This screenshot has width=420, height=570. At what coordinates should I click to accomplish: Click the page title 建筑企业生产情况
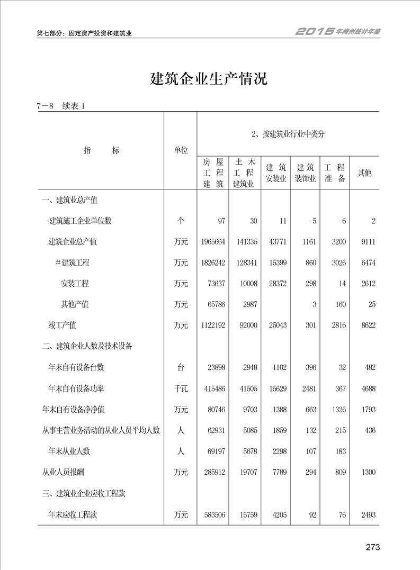pyautogui.click(x=209, y=80)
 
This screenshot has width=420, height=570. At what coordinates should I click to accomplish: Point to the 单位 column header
pyautogui.click(x=181, y=150)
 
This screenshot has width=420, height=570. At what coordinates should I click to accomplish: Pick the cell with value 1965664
pyautogui.click(x=213, y=242)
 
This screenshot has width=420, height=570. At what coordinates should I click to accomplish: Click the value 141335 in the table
pyautogui.click(x=246, y=242)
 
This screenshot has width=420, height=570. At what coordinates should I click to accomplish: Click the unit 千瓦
pyautogui.click(x=181, y=388)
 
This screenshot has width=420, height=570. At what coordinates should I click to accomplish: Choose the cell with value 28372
pyautogui.click(x=276, y=284)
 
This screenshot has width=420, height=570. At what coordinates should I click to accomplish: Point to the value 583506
pyautogui.click(x=213, y=514)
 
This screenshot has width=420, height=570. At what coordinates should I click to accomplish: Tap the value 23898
pyautogui.click(x=215, y=367)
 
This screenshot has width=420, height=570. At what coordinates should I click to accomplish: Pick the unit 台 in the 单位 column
pyautogui.click(x=181, y=367)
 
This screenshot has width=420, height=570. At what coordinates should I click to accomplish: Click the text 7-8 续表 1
pyautogui.click(x=61, y=106)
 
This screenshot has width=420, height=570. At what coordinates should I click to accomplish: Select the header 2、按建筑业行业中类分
pyautogui.click(x=288, y=134)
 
